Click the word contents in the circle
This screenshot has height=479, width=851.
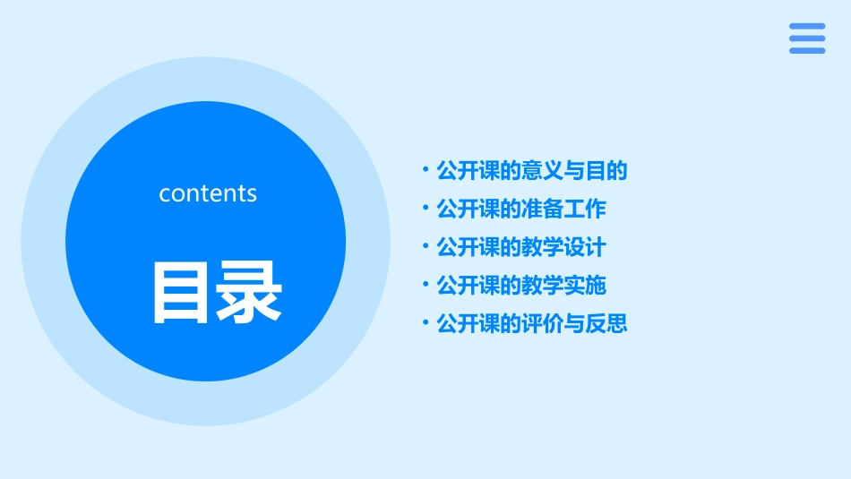click(208, 193)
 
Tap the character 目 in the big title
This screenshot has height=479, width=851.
click(183, 292)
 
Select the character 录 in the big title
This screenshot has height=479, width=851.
click(250, 292)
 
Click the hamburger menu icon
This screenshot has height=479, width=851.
click(807, 38)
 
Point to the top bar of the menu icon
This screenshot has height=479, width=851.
click(807, 27)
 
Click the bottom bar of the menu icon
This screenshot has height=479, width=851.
click(807, 50)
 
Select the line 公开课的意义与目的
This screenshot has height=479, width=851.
click(531, 170)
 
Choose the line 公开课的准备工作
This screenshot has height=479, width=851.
click(520, 209)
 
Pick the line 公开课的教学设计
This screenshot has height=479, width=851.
click(520, 247)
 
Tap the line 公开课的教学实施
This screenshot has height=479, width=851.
click(520, 286)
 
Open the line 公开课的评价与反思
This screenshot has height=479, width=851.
click(531, 323)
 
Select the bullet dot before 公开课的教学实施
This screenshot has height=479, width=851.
click(425, 284)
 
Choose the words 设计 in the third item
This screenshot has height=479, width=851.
click(585, 247)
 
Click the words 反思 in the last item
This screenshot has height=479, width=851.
click(606, 323)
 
